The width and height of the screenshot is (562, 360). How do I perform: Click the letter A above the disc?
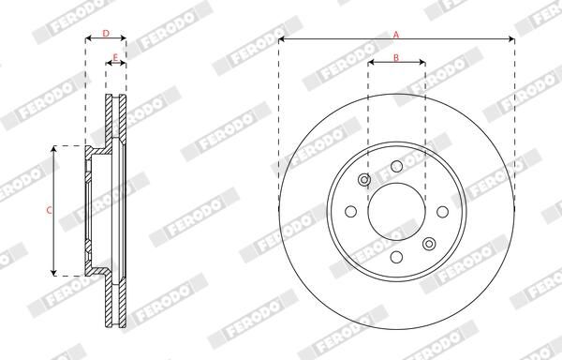tap(396, 34)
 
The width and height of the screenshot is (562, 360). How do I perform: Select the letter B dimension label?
tap(396, 58)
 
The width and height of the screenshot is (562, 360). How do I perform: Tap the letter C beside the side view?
tap(49, 210)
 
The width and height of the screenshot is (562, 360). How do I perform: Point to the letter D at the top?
tap(106, 34)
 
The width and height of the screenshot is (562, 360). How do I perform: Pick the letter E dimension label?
tap(115, 58)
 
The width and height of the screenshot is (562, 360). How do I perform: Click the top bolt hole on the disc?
tap(396, 167)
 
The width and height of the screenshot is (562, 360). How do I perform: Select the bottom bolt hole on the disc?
tap(396, 257)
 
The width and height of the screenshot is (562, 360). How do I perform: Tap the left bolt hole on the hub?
tap(352, 212)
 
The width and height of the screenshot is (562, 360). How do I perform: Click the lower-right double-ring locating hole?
tap(428, 244)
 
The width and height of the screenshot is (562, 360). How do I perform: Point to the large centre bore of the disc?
tap(396, 212)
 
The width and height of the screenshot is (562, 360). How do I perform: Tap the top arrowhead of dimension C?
tap(55, 149)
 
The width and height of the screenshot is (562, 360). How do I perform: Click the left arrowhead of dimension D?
tap(88, 40)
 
